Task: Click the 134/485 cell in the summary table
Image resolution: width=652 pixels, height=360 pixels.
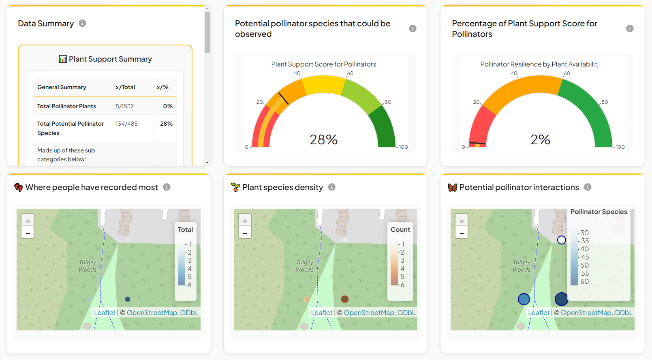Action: pyautogui.click(x=126, y=124)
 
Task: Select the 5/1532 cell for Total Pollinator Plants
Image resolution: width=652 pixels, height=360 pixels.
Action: pyautogui.click(x=125, y=106)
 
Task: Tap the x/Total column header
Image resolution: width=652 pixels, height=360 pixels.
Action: pyautogui.click(x=125, y=87)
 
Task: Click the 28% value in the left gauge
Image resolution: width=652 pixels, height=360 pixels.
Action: pyautogui.click(x=323, y=140)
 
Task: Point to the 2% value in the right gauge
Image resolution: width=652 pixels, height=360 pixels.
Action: pyautogui.click(x=540, y=140)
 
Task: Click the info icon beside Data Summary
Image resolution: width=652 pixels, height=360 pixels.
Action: pyautogui.click(x=82, y=24)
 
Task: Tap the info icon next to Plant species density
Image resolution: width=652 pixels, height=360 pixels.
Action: pyautogui.click(x=332, y=187)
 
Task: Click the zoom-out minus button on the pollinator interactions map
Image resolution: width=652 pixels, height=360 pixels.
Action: pyautogui.click(x=462, y=233)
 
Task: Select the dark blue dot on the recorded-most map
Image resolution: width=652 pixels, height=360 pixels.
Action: pyautogui.click(x=128, y=299)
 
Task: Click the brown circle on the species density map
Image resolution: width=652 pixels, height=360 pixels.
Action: pyautogui.click(x=345, y=299)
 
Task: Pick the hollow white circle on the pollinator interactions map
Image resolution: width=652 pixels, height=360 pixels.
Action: pyautogui.click(x=561, y=240)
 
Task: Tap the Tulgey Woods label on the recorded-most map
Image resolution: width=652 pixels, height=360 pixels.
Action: pyautogui.click(x=88, y=266)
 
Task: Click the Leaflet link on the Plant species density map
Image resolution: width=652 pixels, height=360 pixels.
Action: pyautogui.click(x=322, y=313)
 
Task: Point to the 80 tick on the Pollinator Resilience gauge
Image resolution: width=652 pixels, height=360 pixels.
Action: pyautogui.click(x=605, y=102)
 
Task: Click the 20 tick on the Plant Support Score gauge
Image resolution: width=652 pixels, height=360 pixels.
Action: pyautogui.click(x=259, y=102)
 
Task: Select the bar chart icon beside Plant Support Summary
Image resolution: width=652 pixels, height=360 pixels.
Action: pyautogui.click(x=63, y=59)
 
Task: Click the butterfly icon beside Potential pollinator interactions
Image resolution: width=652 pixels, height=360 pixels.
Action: pyautogui.click(x=453, y=187)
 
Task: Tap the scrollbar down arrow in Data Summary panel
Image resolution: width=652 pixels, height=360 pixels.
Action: pyautogui.click(x=207, y=163)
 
